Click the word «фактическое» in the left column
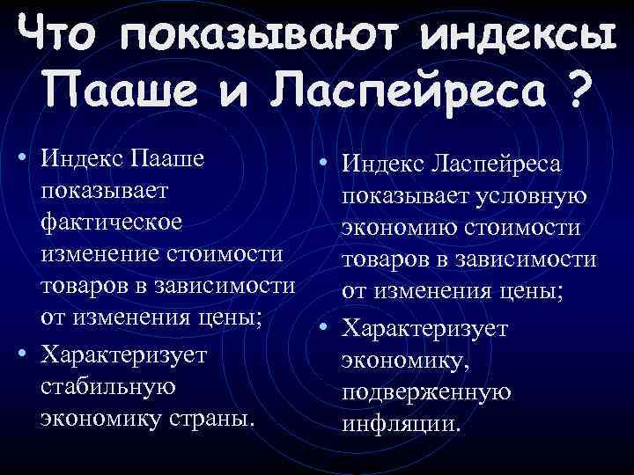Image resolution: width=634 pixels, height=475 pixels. coord(112,222)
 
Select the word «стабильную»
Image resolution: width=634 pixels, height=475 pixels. coord(108,385)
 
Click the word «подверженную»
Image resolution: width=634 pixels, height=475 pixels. coord(427,391)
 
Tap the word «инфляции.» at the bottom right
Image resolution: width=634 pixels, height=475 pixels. coord(402,423)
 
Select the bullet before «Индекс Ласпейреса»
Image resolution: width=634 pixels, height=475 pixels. coord(325,164)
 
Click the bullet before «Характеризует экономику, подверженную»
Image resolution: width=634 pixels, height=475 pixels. coord(325,327)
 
